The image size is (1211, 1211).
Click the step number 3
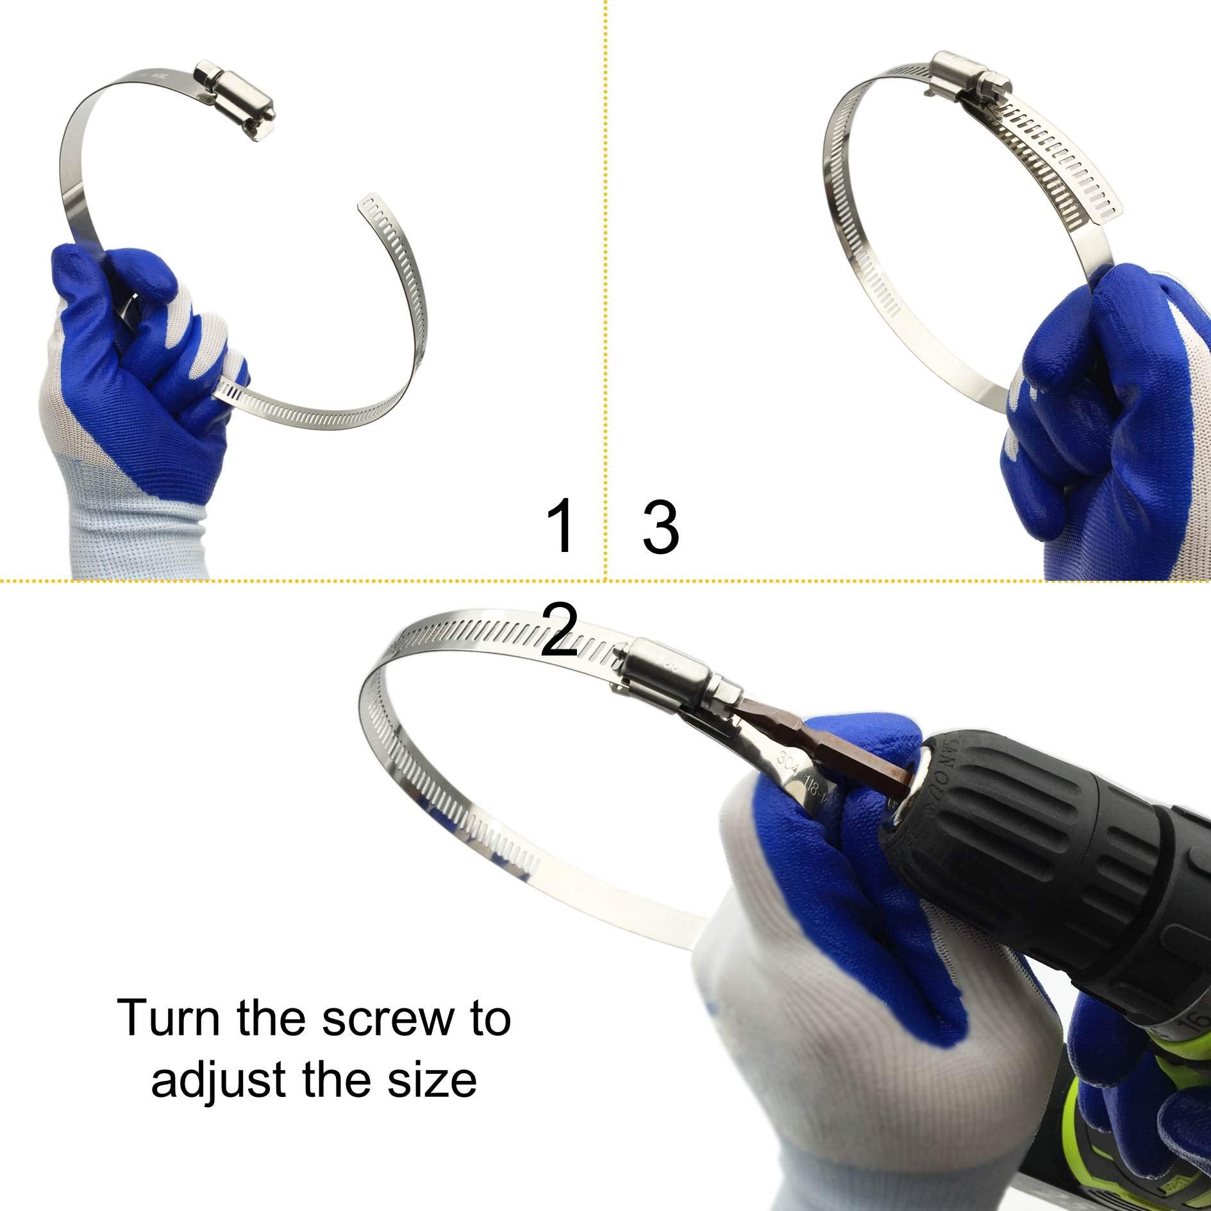coord(660,528)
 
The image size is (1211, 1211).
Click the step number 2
coord(560,632)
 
